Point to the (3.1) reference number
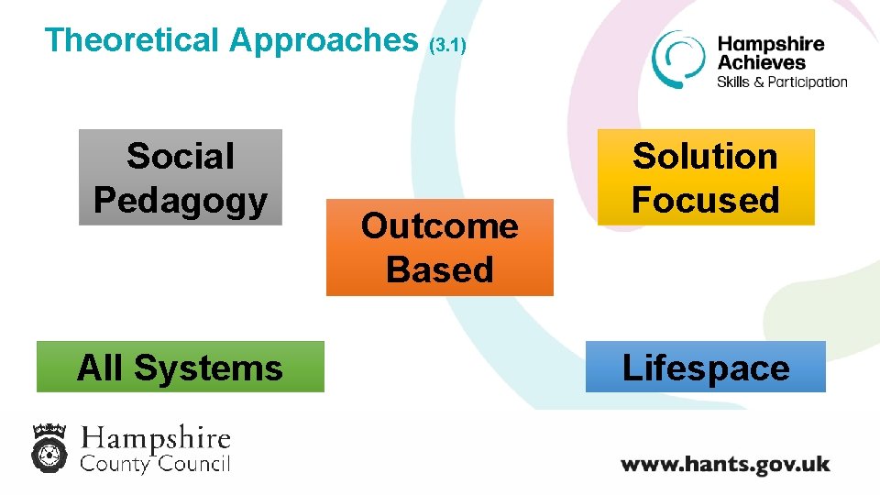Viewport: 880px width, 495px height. [x=448, y=44]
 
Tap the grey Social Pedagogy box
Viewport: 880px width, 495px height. [x=181, y=177]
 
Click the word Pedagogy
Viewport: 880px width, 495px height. [x=181, y=200]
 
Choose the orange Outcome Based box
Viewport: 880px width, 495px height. [x=440, y=247]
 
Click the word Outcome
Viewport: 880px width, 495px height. [x=440, y=225]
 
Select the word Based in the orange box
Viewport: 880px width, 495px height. [x=440, y=269]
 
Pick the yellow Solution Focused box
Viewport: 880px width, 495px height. [x=706, y=177]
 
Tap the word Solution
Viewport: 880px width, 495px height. [x=706, y=156]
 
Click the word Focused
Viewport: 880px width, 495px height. [x=706, y=200]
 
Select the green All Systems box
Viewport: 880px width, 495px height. [x=181, y=367]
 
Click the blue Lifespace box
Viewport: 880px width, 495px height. [x=706, y=367]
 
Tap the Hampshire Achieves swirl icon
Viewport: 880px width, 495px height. [x=677, y=60]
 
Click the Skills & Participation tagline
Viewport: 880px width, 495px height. [x=782, y=82]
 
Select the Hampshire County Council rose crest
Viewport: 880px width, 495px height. [x=49, y=446]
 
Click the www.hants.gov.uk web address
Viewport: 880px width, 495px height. [x=725, y=464]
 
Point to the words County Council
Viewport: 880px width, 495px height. [x=155, y=463]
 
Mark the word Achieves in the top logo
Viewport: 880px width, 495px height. [x=762, y=62]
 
